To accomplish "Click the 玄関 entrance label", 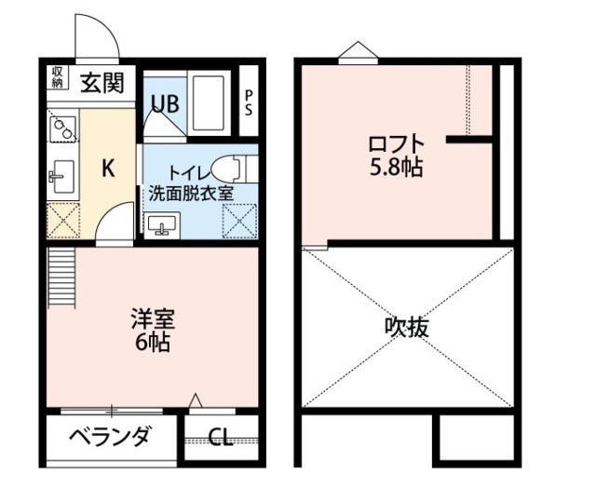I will click(x=101, y=83).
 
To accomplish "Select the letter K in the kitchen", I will click(x=107, y=169).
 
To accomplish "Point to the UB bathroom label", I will click(x=164, y=103).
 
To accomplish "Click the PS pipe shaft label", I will click(x=249, y=101).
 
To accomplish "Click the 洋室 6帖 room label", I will click(x=149, y=329).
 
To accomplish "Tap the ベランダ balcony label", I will click(x=109, y=436).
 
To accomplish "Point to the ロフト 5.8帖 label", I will click(x=396, y=156).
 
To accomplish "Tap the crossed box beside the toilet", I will click(x=237, y=222).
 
